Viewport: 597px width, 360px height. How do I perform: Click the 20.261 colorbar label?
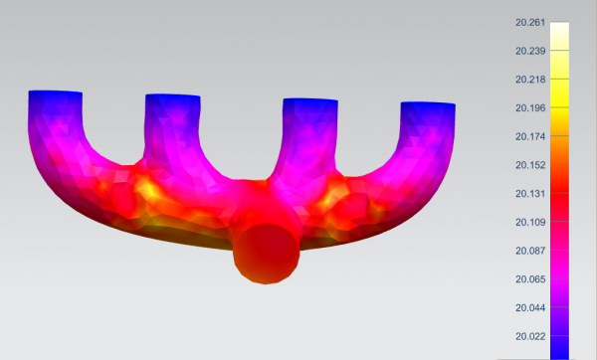[530, 23]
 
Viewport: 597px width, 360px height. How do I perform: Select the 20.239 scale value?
[530, 51]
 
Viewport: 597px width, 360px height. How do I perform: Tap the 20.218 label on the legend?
[530, 80]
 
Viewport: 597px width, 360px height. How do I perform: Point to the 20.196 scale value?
[530, 108]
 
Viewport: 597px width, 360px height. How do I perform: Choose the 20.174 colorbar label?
[530, 136]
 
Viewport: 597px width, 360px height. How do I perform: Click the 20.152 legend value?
[530, 165]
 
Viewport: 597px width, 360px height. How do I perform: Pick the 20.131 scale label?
[530, 194]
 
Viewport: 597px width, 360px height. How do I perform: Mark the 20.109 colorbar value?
[530, 222]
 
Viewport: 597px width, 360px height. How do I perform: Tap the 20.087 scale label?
[530, 251]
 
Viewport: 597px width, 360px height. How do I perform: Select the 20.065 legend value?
[530, 279]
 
